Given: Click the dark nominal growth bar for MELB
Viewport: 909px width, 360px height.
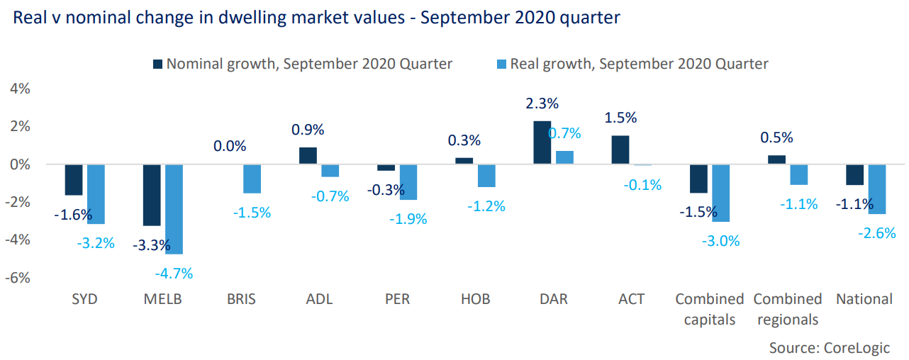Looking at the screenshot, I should pyautogui.click(x=152, y=195).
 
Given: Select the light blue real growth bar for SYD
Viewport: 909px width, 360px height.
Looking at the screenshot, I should pyautogui.click(x=96, y=194).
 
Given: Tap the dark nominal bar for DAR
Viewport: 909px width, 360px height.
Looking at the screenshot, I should pyautogui.click(x=542, y=142).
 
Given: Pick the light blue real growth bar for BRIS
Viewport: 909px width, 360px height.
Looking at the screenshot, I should pyautogui.click(x=252, y=179).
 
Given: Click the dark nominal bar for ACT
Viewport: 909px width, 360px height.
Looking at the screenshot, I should pyautogui.click(x=620, y=150).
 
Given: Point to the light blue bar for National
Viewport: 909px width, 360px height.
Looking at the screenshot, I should pyautogui.click(x=877, y=189).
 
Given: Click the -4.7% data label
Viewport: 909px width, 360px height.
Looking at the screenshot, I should pyautogui.click(x=174, y=273).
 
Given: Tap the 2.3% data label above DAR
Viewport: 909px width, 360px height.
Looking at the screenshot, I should pyautogui.click(x=542, y=103).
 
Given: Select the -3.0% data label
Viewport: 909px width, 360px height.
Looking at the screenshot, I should pyautogui.click(x=721, y=241).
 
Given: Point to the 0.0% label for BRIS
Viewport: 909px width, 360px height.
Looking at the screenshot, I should pyautogui.click(x=230, y=147).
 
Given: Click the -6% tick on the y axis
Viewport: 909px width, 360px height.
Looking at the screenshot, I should pyautogui.click(x=19, y=278).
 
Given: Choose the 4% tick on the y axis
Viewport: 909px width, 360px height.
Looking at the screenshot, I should pyautogui.click(x=19, y=89).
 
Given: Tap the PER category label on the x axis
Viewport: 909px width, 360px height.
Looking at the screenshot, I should pyautogui.click(x=397, y=299).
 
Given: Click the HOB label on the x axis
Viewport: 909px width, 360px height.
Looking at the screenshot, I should pyautogui.click(x=475, y=299).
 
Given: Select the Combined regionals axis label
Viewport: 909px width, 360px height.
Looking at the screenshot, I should pyautogui.click(x=788, y=309).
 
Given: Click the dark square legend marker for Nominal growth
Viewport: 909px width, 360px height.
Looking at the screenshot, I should pyautogui.click(x=157, y=64).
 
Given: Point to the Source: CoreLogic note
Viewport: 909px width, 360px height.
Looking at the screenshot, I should pyautogui.click(x=829, y=347).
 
